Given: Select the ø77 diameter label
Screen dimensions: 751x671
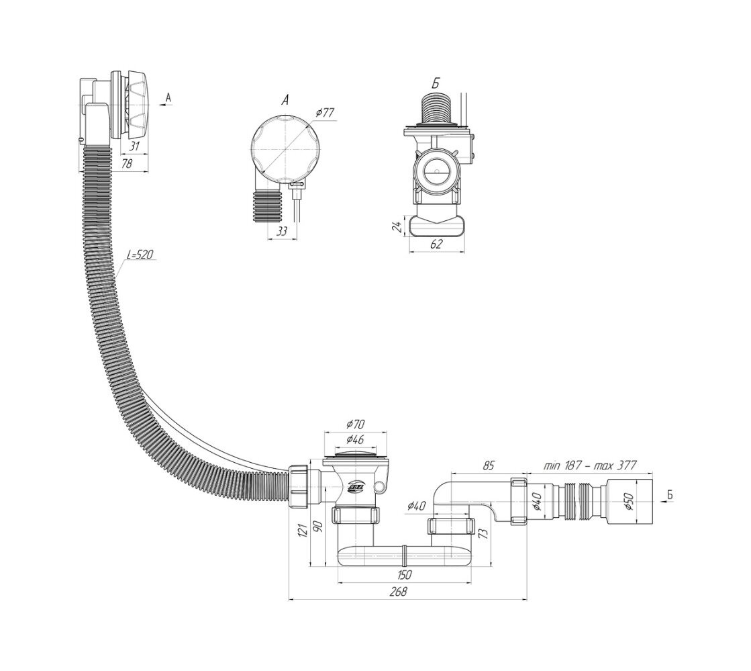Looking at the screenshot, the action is point(325,112).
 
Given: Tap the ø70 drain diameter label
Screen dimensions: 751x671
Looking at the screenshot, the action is point(355,424).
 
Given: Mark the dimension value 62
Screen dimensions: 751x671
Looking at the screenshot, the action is point(436,244).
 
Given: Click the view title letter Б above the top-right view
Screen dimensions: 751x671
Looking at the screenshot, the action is point(436,84).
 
